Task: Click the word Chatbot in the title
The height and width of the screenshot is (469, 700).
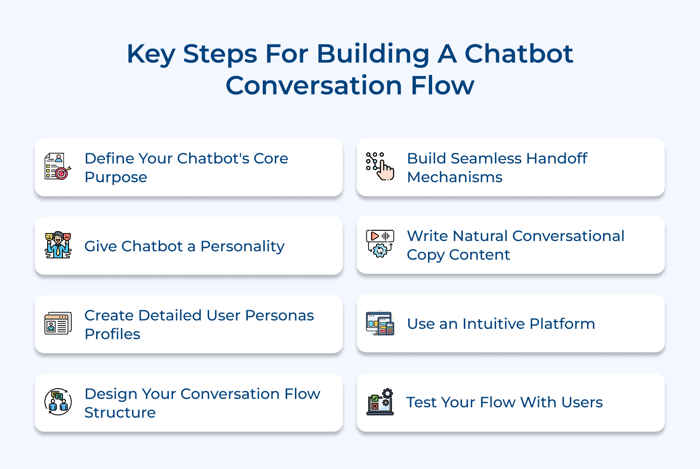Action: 518,54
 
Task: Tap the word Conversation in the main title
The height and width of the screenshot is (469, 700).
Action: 314,86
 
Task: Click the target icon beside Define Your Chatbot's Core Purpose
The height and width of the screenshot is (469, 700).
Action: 58,167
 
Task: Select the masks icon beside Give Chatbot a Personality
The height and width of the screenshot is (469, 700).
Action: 58,245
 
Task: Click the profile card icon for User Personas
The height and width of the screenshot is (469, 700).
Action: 58,324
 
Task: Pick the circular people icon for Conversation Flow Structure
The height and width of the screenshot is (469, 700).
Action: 58,402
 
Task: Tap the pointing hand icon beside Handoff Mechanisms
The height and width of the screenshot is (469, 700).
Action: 380,166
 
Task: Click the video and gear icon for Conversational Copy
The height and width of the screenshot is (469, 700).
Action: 380,244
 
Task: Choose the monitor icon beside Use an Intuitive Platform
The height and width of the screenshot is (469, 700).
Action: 380,323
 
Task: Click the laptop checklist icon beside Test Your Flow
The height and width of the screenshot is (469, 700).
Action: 380,402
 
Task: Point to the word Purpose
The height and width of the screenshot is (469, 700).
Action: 116,178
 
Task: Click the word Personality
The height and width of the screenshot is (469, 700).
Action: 242,246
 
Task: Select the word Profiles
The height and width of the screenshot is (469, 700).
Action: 112,334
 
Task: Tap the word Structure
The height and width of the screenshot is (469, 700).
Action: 120,413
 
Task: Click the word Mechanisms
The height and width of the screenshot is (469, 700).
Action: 455,178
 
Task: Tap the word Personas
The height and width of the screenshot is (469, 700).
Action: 279,316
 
